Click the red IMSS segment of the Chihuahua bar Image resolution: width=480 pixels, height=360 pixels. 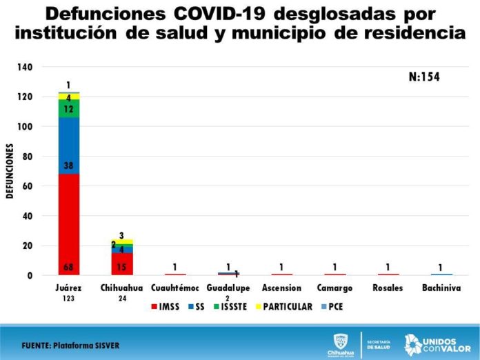click(x=122, y=264)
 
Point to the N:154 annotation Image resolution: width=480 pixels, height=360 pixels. click(x=424, y=77)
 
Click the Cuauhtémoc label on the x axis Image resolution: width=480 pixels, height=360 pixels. click(x=176, y=288)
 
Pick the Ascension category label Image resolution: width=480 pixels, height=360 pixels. click(x=282, y=288)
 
